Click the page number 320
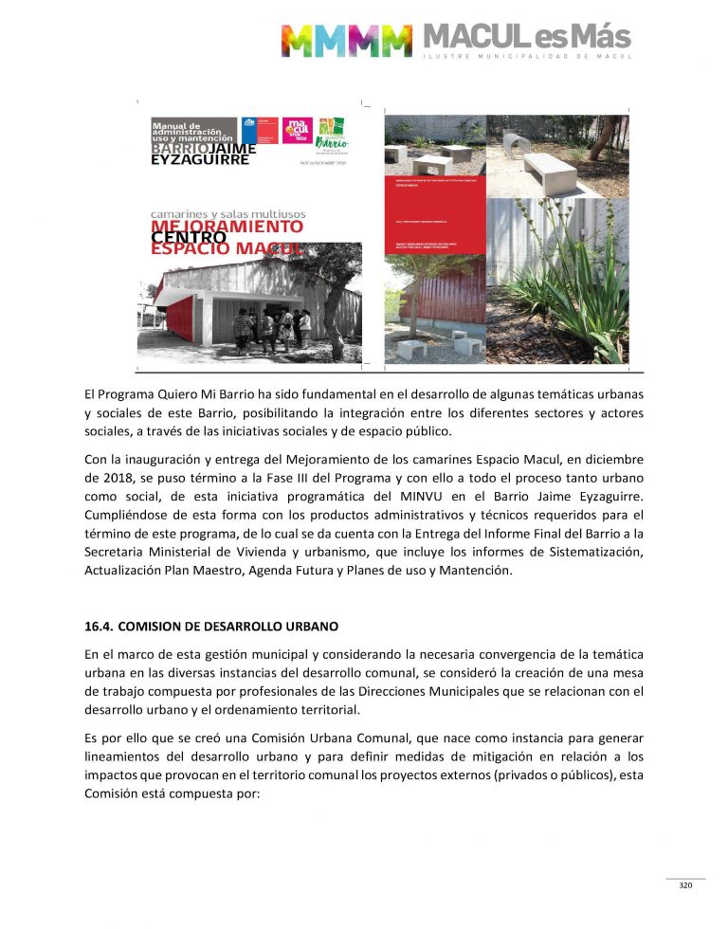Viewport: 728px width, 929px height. pos(685,885)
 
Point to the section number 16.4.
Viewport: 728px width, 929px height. pos(99,627)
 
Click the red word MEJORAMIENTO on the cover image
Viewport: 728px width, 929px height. pos(227,228)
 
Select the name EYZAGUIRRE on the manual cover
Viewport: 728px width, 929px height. pos(200,160)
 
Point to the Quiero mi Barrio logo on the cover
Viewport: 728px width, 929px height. pos(333,133)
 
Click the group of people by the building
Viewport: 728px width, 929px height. pos(271,327)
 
